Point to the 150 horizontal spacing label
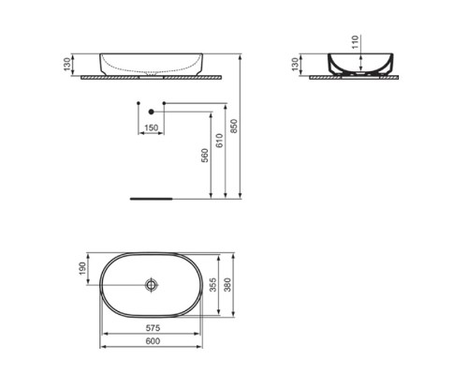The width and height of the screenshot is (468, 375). (152, 127)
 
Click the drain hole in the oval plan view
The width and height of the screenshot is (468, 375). (152, 285)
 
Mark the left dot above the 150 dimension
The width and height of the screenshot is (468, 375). (139, 100)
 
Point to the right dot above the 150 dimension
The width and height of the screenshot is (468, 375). (165, 100)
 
